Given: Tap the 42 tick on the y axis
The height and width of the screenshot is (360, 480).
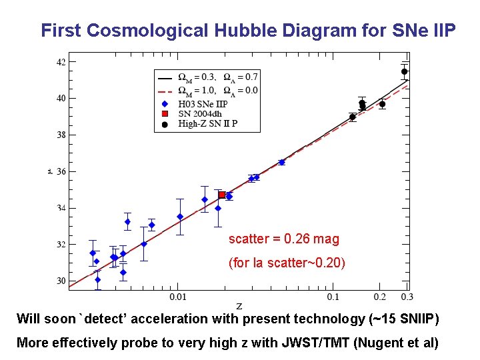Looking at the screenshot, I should pyautogui.click(x=60, y=62).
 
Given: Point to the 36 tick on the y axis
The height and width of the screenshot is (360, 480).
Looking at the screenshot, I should pyautogui.click(x=60, y=171).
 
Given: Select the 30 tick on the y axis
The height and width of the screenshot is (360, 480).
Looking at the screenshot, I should pyautogui.click(x=60, y=281).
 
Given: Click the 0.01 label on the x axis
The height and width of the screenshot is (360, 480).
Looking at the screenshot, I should pyautogui.click(x=177, y=296).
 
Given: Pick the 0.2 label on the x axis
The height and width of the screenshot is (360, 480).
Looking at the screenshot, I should pyautogui.click(x=379, y=296).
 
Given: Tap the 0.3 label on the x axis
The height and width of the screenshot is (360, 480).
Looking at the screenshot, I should pyautogui.click(x=407, y=296).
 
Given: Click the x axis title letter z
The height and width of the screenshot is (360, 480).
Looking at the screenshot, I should pyautogui.click(x=239, y=306).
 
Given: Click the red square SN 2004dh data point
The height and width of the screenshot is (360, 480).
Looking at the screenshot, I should pyautogui.click(x=222, y=195).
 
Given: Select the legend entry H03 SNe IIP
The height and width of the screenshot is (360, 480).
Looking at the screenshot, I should pyautogui.click(x=203, y=103).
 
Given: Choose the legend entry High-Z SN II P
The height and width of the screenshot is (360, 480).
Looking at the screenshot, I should pyautogui.click(x=207, y=123).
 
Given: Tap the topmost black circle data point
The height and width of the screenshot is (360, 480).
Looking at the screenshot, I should pyautogui.click(x=404, y=71).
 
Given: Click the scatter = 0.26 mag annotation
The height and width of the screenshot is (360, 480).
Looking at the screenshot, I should pyautogui.click(x=284, y=239).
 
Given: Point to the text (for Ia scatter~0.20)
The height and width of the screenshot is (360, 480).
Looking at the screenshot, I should pyautogui.click(x=287, y=263).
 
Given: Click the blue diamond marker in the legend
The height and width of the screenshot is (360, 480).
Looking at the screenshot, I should pyautogui.click(x=165, y=104).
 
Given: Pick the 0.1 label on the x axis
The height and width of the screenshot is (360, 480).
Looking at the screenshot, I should pyautogui.click(x=332, y=296).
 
